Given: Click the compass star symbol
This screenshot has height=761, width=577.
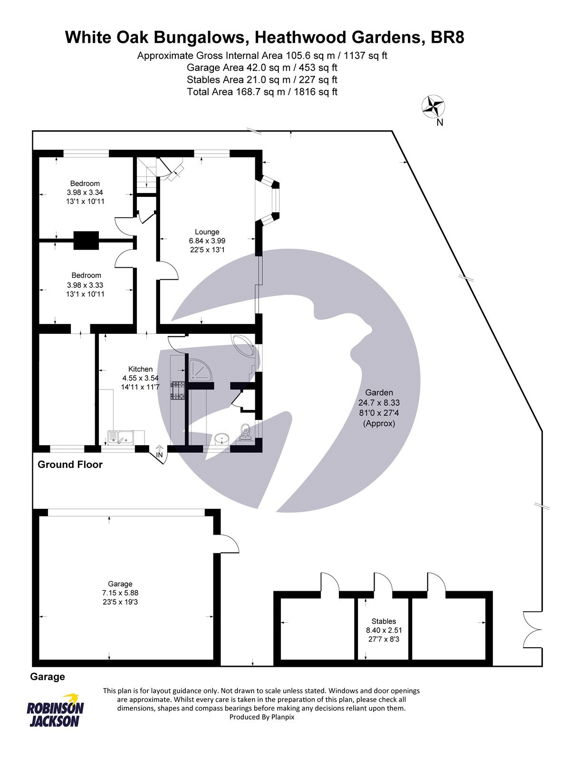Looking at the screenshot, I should tap(433, 106).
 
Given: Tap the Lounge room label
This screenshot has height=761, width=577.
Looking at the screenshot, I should tap(207, 232).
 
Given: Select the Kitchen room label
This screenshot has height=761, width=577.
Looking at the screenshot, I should tap(140, 369).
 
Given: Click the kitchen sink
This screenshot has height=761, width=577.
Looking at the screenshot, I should tap(120, 437).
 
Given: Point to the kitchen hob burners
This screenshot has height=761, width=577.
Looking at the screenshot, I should tap(178, 390).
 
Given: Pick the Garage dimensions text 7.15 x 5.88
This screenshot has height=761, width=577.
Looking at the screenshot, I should tap(120, 593).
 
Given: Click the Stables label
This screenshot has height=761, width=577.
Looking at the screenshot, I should tap(384, 621).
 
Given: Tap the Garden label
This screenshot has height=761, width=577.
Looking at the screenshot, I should tap(379, 392).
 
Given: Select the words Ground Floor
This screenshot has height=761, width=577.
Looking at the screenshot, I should tap(70, 465).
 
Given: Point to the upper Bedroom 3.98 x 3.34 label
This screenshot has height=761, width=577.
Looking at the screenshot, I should tap(85, 192).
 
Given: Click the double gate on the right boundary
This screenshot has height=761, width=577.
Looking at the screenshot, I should tap(532, 630).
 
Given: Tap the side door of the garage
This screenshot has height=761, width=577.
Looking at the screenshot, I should tap(229, 543).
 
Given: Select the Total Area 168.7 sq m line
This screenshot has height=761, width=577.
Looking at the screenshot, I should tap(262, 92).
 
